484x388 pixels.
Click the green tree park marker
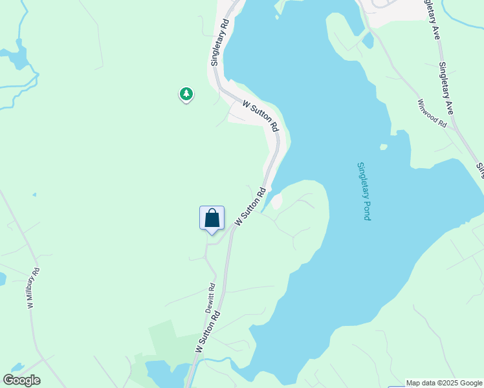[x=186, y=94]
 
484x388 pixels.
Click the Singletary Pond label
[x=364, y=191]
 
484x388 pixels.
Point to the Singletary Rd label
[x=220, y=41]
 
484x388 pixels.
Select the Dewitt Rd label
[x=210, y=297]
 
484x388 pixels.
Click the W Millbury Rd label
[x=33, y=288]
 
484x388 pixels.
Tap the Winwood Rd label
[x=433, y=113]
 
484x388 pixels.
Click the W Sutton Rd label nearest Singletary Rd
[x=261, y=114]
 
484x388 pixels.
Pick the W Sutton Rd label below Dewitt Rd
[x=208, y=332]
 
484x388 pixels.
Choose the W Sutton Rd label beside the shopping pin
[x=250, y=206]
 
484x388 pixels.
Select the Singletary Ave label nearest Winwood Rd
[x=446, y=88]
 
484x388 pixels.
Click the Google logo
[x=21, y=380]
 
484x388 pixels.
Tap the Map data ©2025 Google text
[x=445, y=383]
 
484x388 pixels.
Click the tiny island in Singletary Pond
[x=384, y=147]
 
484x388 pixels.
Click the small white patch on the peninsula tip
[x=277, y=201]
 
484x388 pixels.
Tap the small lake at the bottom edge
[x=162, y=374]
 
